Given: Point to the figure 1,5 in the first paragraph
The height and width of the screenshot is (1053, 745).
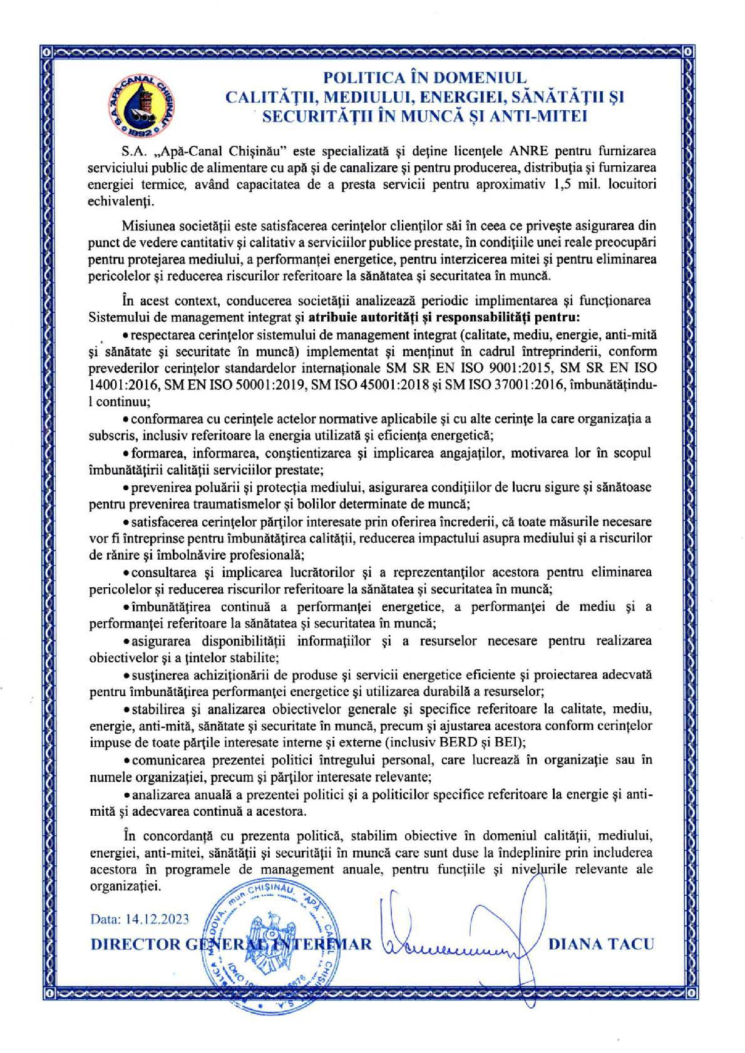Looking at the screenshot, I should click(x=556, y=186).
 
